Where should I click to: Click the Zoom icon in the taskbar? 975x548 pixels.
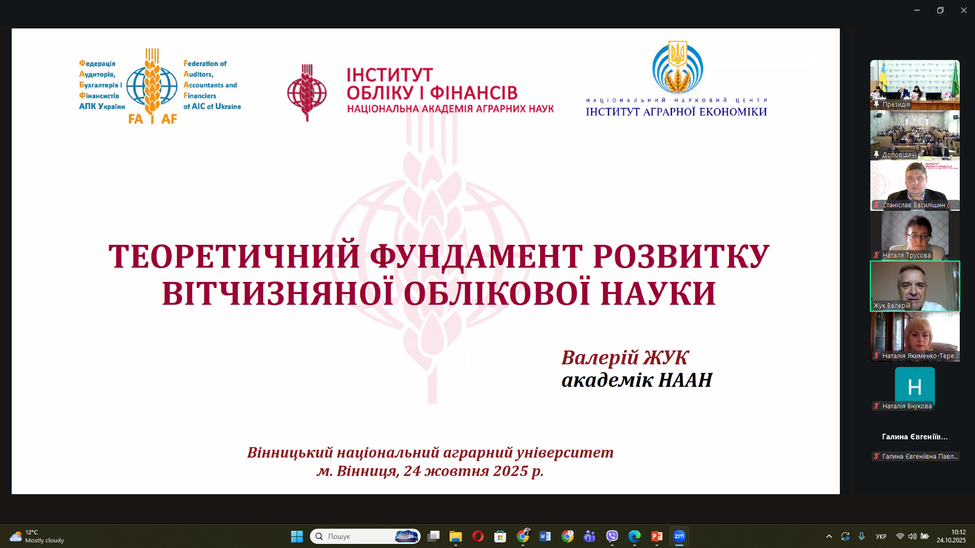coord(679,536)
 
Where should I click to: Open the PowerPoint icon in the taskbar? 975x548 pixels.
coord(656,536)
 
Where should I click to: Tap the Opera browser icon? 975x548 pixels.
coord(478,536)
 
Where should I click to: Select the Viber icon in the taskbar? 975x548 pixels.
coord(612,536)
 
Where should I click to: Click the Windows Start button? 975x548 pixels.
coord(297,536)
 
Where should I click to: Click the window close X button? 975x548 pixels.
coord(963,10)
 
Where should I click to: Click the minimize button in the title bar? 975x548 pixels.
coord(917,10)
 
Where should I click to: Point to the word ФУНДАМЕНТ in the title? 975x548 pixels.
coord(476,256)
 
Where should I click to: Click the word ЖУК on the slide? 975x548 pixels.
coord(666,358)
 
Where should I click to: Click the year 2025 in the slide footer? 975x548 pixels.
coord(510,471)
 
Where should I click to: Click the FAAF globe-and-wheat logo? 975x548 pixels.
coord(152,86)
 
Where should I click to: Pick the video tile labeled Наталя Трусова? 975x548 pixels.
coord(915,235)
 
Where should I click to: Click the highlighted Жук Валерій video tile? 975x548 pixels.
coord(915,286)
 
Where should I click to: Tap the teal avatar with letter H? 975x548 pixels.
coord(915,386)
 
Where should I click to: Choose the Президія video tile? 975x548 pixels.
coord(915,85)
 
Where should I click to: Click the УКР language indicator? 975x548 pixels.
coord(881,536)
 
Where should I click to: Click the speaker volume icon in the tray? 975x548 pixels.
coord(912,536)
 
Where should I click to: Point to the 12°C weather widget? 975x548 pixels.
coord(37,536)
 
